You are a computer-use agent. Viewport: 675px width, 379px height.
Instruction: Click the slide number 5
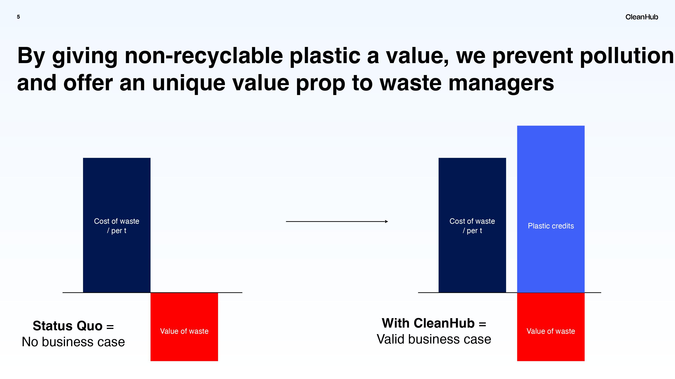(18, 17)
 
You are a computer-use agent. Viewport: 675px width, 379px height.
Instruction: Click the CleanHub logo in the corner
(642, 17)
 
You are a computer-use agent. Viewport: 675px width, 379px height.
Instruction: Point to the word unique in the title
(189, 83)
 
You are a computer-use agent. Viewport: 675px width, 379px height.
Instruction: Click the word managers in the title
(501, 83)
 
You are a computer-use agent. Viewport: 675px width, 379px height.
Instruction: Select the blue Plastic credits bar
(551, 209)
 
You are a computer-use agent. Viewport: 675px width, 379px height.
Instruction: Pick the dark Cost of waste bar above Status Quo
(117, 225)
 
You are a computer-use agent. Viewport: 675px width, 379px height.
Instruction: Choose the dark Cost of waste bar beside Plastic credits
(472, 225)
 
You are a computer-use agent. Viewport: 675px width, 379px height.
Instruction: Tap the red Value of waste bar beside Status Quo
(184, 327)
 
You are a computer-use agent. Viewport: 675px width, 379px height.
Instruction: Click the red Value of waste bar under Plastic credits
(551, 327)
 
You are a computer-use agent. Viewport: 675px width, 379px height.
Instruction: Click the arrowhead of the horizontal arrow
(387, 222)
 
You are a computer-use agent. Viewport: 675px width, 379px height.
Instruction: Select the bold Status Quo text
(67, 326)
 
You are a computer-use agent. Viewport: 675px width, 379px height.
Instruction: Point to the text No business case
(73, 342)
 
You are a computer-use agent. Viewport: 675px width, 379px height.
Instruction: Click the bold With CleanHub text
(428, 323)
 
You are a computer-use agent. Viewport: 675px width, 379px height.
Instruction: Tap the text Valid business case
(434, 339)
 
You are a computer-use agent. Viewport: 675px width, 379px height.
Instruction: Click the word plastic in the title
(325, 56)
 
